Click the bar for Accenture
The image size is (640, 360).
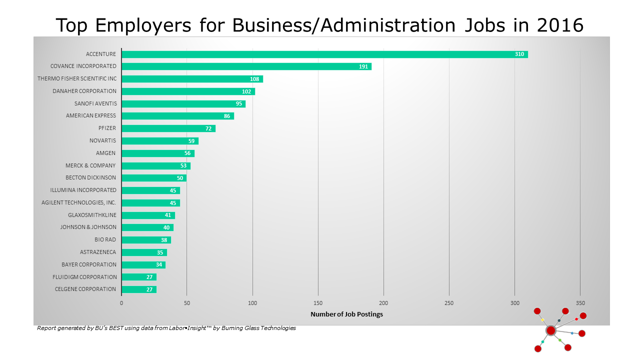(x=324, y=54)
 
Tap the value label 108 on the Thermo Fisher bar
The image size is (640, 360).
(x=254, y=79)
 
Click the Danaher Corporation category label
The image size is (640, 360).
(x=84, y=91)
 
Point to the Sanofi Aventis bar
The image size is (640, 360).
(x=183, y=103)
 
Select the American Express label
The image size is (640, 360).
(x=91, y=115)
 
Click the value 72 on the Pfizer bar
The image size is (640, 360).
(x=208, y=128)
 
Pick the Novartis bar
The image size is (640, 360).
(x=159, y=140)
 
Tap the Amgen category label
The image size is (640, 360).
(x=106, y=153)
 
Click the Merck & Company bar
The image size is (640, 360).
(x=155, y=165)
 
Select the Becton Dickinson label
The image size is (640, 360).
(x=91, y=177)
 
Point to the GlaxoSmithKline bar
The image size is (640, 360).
(x=148, y=215)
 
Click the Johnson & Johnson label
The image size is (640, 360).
(x=88, y=227)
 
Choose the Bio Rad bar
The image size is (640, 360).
(x=146, y=239)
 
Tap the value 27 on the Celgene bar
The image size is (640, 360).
(x=149, y=289)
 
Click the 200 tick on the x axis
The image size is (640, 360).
(x=383, y=303)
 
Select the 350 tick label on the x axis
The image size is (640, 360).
(x=580, y=303)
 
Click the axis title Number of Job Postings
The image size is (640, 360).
(x=346, y=314)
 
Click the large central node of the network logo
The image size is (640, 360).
(x=550, y=330)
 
